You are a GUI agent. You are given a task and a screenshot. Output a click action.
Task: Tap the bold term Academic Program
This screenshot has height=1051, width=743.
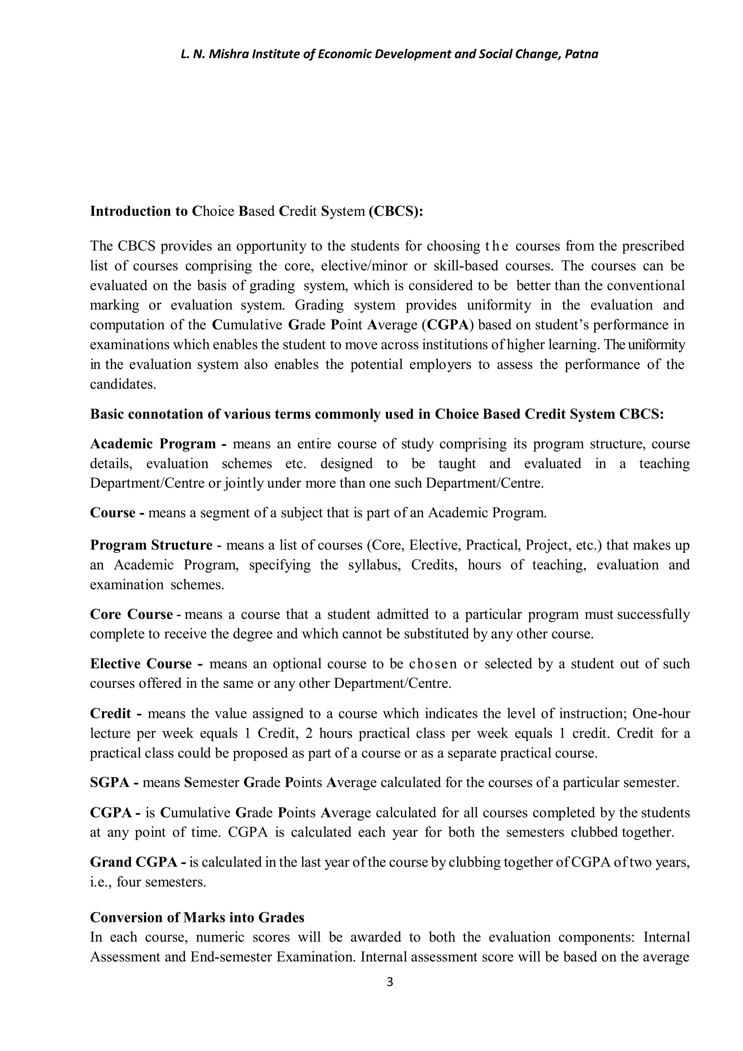tap(153, 444)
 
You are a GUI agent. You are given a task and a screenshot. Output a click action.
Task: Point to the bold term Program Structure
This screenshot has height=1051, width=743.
tap(151, 545)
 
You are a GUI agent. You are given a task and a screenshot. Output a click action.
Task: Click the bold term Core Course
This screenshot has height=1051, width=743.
tap(131, 614)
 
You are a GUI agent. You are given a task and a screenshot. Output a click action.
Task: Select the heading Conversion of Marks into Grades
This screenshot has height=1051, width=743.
tap(197, 917)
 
